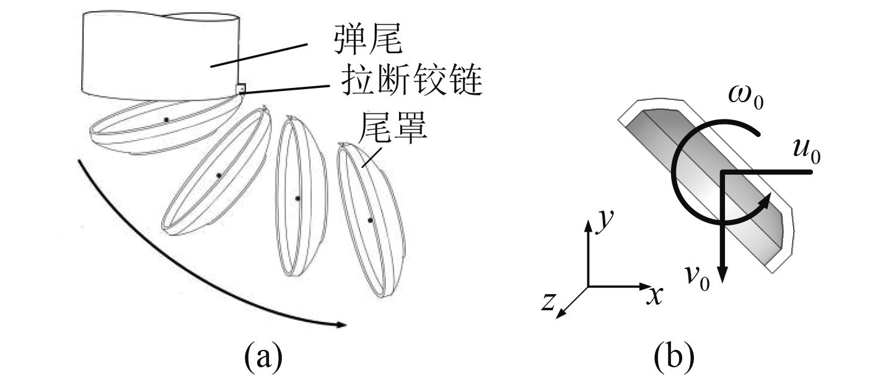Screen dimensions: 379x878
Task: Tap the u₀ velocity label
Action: coord(806,150)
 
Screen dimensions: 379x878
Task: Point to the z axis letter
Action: coord(548,302)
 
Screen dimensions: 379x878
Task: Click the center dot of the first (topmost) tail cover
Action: coord(166,120)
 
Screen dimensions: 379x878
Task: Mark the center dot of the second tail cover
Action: coord(219,176)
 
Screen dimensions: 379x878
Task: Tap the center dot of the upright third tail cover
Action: coord(297,198)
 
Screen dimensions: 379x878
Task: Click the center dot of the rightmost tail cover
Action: coord(370,220)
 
